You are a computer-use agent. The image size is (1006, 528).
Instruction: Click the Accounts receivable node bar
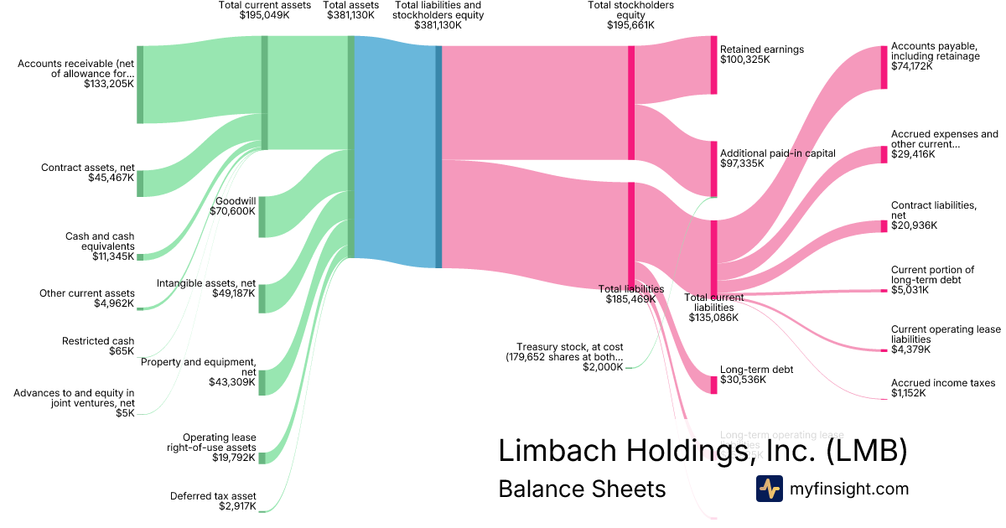[x=140, y=85]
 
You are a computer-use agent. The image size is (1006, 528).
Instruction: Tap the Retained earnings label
[x=761, y=49]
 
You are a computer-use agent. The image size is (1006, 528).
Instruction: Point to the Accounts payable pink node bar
[x=884, y=67]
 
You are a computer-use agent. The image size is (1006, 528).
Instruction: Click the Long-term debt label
[x=756, y=370]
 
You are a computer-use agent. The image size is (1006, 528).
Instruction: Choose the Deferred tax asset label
[x=213, y=496]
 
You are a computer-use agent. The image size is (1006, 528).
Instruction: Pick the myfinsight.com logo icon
[x=769, y=489]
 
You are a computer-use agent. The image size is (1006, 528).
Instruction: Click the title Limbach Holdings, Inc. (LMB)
[x=703, y=451]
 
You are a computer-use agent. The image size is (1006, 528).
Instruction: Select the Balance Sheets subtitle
[x=582, y=489]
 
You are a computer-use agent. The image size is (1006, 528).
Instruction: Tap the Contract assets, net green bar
[x=140, y=183]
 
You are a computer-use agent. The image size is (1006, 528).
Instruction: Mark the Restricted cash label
[x=98, y=341]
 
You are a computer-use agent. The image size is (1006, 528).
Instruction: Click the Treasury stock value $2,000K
[x=603, y=367]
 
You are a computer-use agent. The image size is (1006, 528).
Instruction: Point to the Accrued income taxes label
[x=943, y=383]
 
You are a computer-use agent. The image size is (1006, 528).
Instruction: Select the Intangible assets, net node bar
[x=262, y=298]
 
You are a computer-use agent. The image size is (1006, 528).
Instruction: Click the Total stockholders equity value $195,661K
[x=630, y=25]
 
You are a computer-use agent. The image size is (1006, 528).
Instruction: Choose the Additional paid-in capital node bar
[x=714, y=168]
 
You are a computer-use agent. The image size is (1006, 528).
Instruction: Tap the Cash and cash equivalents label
[x=100, y=241]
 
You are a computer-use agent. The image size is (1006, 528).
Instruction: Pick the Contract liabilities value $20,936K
[x=914, y=225]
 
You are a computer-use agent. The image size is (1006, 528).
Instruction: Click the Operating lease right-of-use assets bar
[x=262, y=458]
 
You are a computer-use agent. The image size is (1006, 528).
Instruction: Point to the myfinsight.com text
[x=849, y=489]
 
